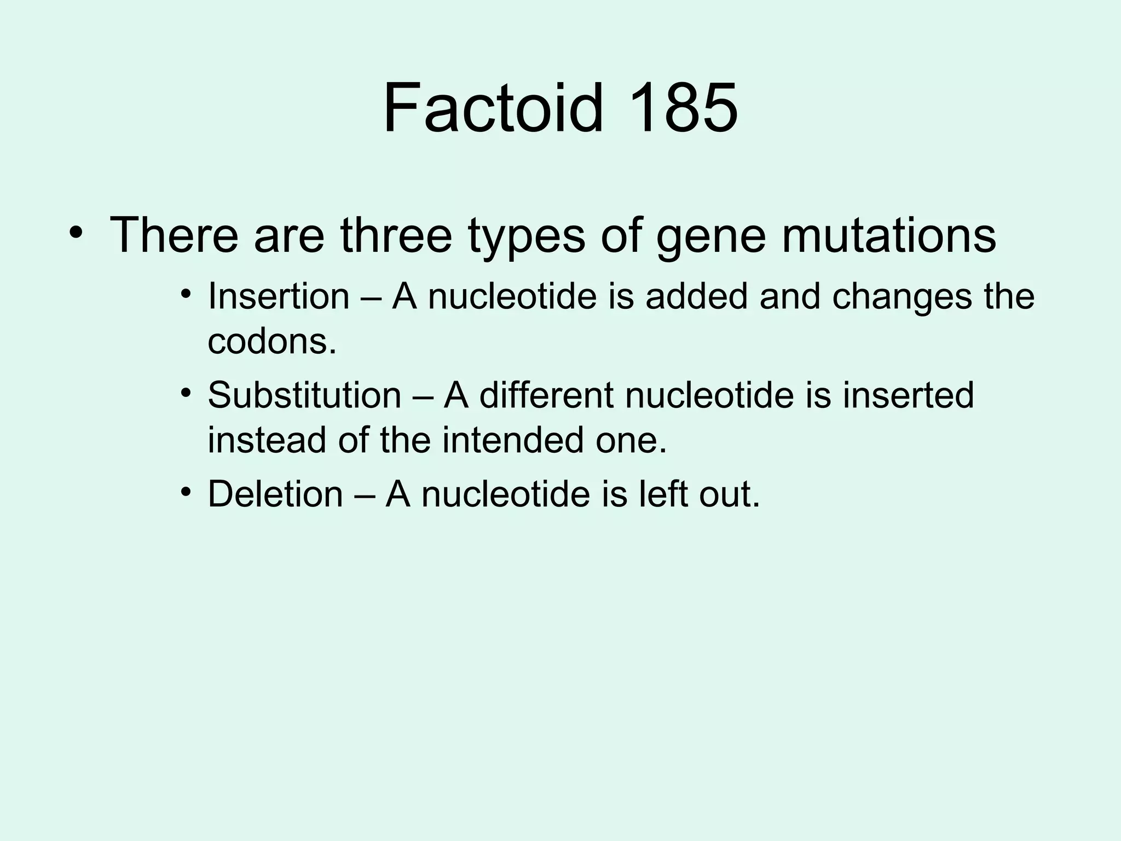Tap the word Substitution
tap(304, 395)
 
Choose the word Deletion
tap(275, 493)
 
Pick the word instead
tap(267, 440)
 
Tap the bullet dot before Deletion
tap(187, 491)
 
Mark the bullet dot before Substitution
tap(187, 393)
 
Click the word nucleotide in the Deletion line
tap(505, 493)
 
